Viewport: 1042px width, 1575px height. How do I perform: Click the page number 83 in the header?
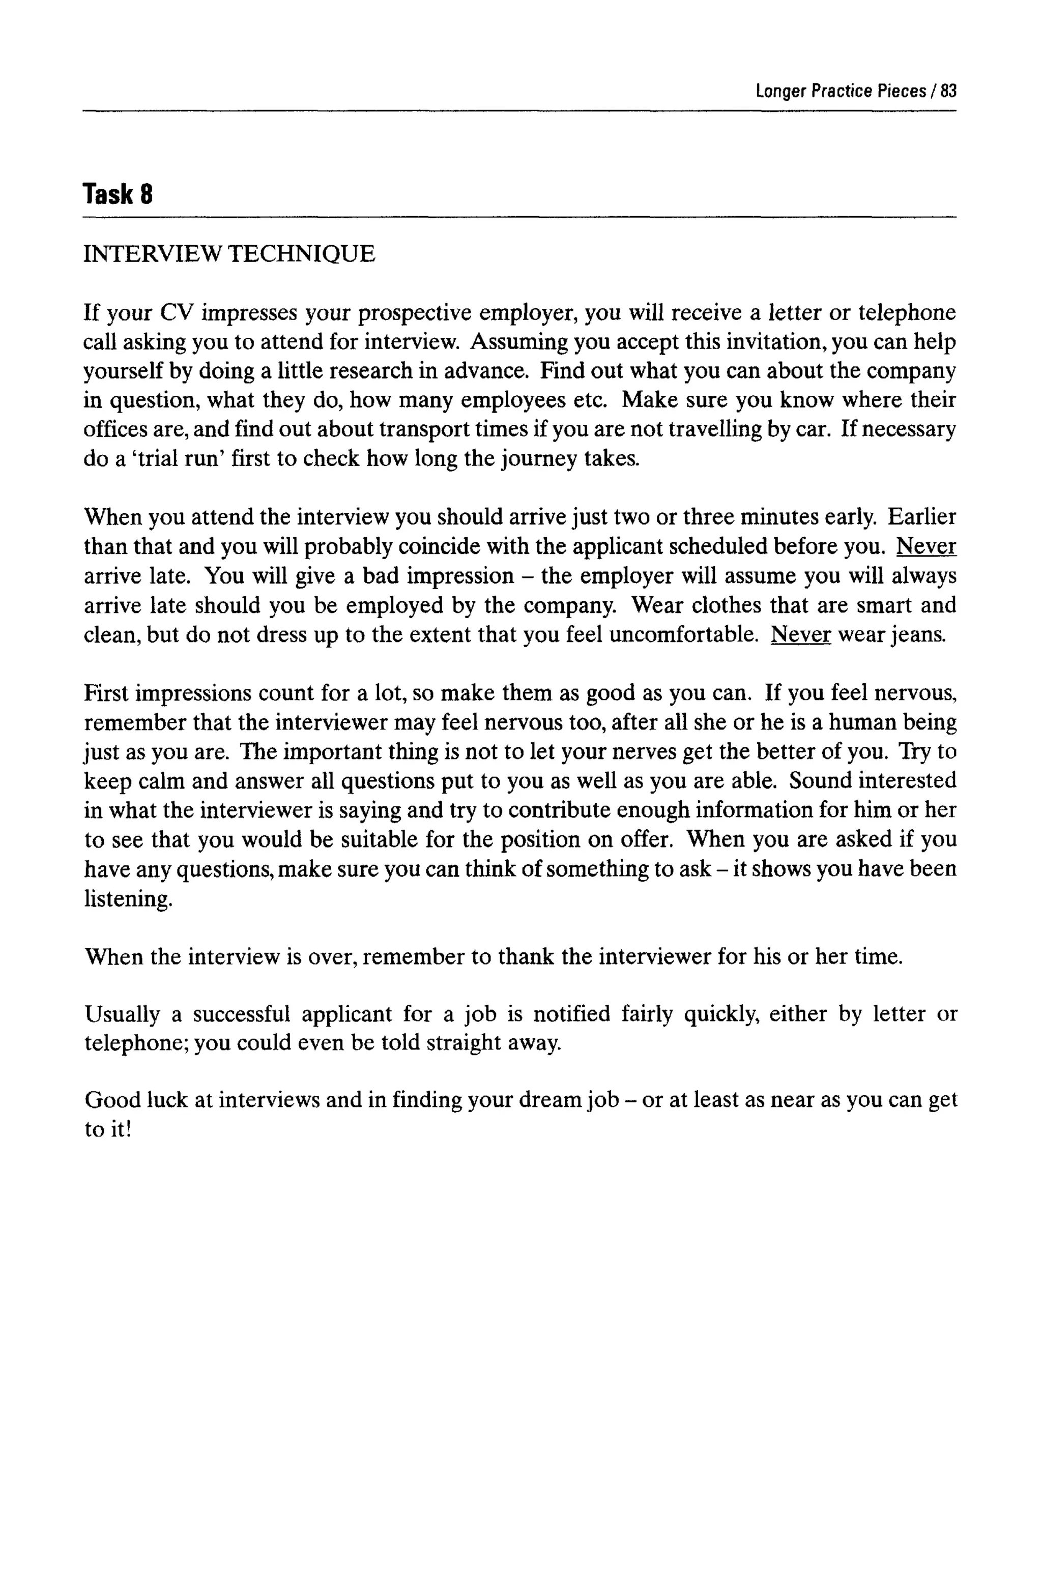(x=948, y=91)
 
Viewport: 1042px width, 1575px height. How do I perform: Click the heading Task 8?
(x=118, y=195)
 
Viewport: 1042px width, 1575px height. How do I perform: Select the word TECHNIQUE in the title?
(x=302, y=254)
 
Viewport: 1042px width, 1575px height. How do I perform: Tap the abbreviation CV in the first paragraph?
(x=176, y=312)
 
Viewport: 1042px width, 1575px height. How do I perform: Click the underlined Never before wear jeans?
(x=800, y=634)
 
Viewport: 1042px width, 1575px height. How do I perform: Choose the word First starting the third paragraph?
(x=106, y=693)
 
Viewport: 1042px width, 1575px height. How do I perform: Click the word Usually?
(x=122, y=1014)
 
